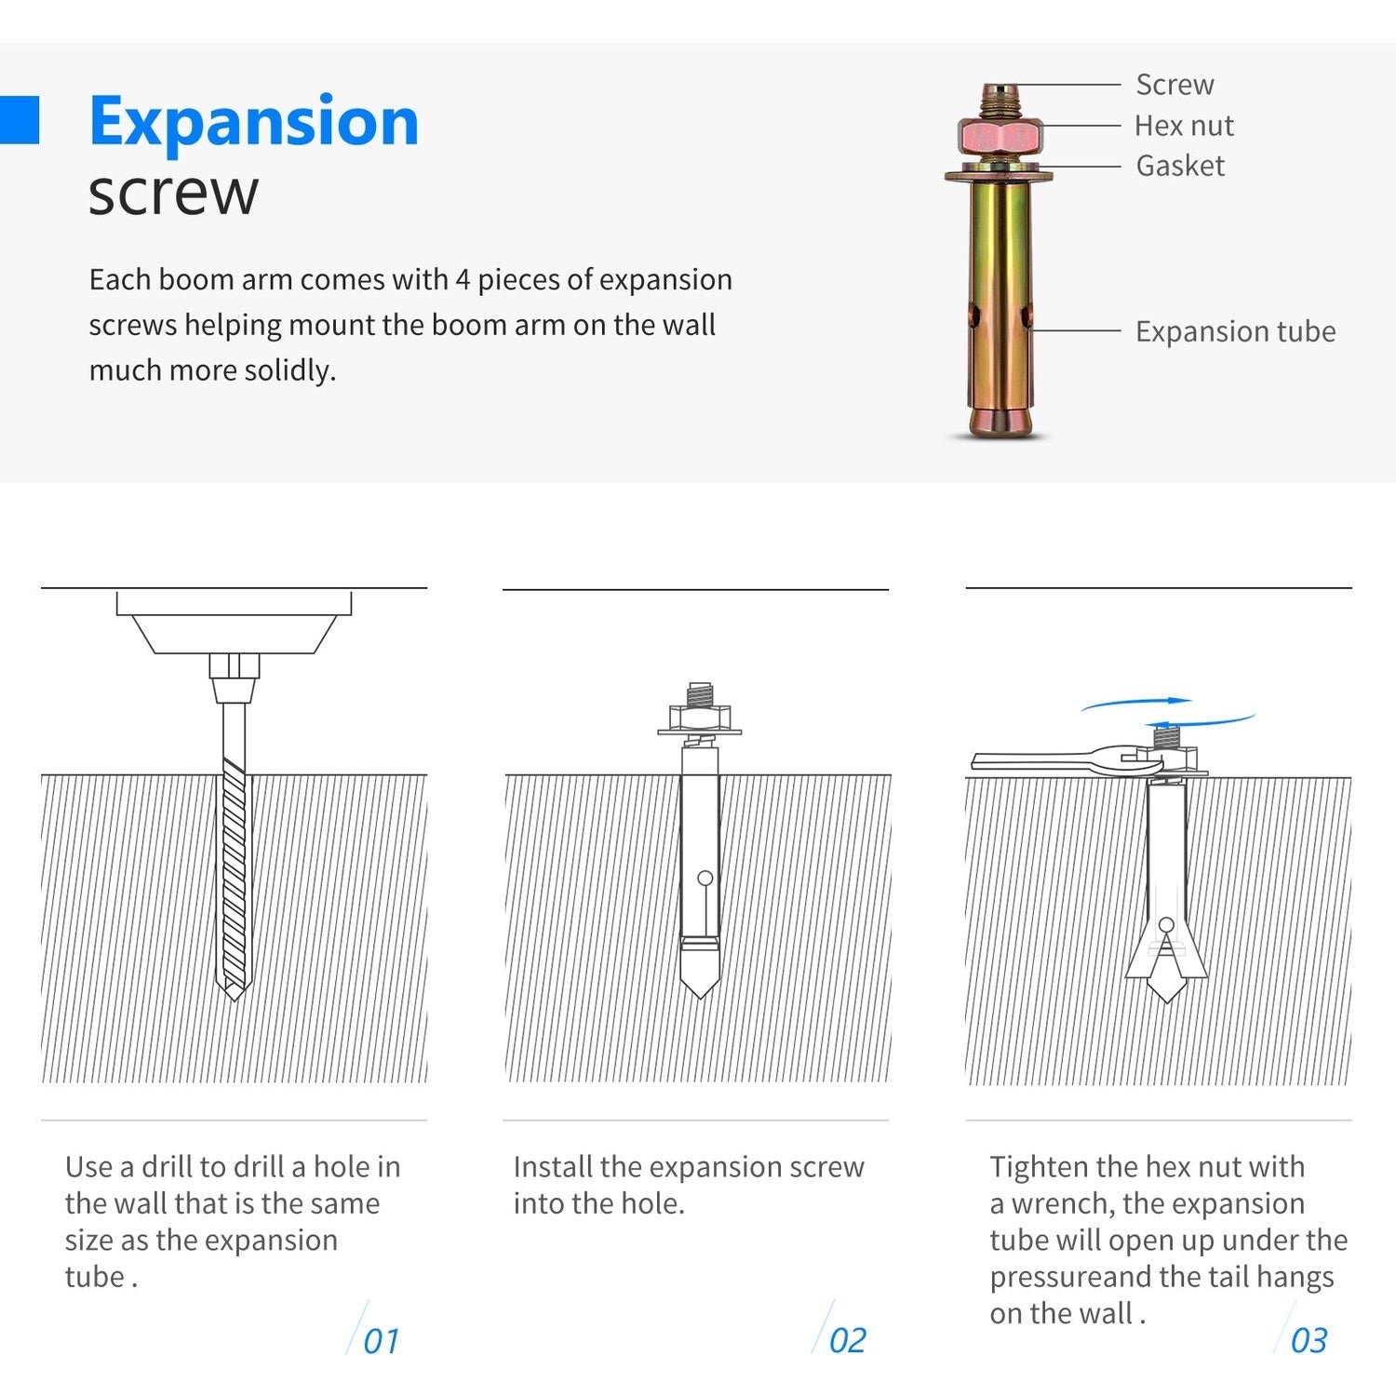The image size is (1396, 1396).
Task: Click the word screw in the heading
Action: tap(173, 193)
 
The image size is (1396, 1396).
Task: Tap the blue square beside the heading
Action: tap(20, 120)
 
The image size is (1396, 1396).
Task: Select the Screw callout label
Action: tap(1175, 85)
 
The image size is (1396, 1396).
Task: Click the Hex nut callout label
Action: tap(1184, 126)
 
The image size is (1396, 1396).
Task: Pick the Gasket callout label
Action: tap(1180, 166)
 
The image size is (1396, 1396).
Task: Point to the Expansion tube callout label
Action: tap(1235, 331)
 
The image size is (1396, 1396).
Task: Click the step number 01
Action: tap(381, 1341)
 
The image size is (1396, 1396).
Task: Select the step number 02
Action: tap(847, 1341)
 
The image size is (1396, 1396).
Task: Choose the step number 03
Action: tap(1309, 1341)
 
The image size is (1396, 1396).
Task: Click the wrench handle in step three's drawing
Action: tap(1033, 761)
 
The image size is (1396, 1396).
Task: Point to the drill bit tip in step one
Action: tap(234, 999)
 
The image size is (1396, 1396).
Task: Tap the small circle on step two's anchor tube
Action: tap(705, 879)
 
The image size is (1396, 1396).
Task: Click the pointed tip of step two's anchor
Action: tap(700, 997)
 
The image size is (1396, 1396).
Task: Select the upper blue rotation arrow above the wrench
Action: tap(1136, 702)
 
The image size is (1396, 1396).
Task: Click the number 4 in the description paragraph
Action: tap(463, 280)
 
